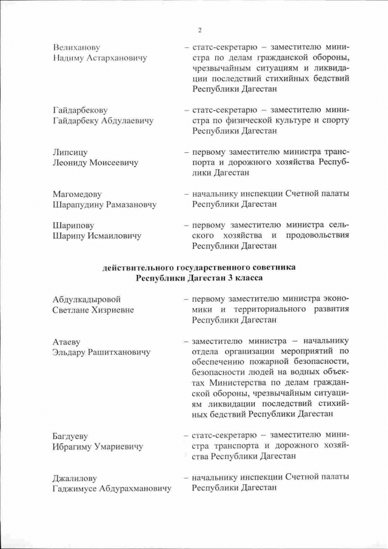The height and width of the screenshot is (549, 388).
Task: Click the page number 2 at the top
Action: [x=199, y=30]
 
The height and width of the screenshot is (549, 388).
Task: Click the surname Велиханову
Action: [x=76, y=47]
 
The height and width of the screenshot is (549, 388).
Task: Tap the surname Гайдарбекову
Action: [x=80, y=110]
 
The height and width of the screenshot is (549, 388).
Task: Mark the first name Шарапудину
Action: [x=79, y=204]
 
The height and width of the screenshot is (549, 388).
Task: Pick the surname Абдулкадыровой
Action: [x=87, y=299]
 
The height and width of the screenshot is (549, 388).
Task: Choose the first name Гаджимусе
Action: [x=78, y=488]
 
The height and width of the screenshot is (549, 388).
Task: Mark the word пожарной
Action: [x=263, y=362]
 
